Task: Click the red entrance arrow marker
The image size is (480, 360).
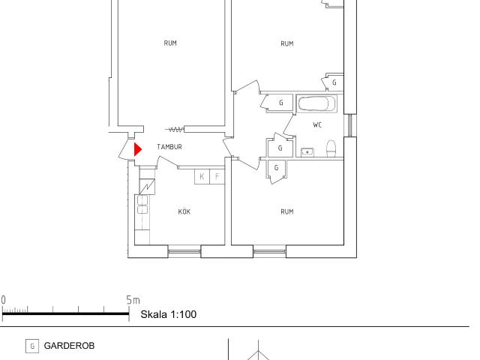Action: (138, 150)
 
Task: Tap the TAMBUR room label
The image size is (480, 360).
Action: (169, 147)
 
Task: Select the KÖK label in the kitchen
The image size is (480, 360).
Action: (184, 211)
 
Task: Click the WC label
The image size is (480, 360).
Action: (317, 125)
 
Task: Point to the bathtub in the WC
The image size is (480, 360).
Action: (316, 104)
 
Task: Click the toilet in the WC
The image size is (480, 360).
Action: (331, 148)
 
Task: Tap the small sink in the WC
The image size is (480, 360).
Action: (307, 152)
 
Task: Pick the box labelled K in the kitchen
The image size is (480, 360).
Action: (202, 177)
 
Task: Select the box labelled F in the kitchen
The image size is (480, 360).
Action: (217, 177)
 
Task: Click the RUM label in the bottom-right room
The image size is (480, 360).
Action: (286, 211)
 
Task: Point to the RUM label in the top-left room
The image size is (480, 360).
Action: (170, 43)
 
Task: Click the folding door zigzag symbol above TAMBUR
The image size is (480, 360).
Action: (175, 130)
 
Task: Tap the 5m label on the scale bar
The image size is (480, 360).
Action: (133, 300)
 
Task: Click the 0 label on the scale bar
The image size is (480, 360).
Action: (3, 300)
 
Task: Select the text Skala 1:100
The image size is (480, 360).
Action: (168, 314)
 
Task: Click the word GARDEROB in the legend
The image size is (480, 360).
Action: (69, 346)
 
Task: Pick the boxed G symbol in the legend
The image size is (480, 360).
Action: (32, 346)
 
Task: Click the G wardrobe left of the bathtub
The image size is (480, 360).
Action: (278, 103)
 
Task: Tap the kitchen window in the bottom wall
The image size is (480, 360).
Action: (184, 251)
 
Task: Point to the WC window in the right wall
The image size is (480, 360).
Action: (350, 125)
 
